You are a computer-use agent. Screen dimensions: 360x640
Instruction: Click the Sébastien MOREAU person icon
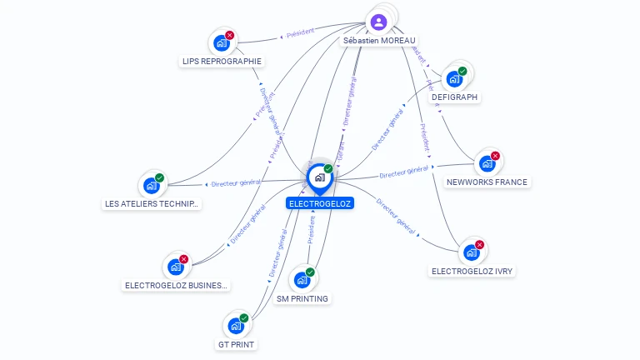click(379, 21)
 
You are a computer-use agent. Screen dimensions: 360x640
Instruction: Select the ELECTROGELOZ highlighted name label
click(319, 203)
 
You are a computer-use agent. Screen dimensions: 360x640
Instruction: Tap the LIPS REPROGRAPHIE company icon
click(221, 42)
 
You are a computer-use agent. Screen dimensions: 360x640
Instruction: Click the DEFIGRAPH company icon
click(454, 79)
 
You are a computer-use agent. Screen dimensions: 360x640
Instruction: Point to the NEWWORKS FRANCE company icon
click(487, 163)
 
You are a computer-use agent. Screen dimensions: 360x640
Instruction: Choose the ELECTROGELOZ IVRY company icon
click(472, 252)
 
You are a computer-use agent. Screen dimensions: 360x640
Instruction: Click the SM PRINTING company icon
click(302, 280)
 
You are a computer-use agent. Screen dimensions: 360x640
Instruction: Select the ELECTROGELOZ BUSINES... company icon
click(175, 267)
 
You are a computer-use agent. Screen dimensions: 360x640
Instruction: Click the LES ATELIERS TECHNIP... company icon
click(151, 185)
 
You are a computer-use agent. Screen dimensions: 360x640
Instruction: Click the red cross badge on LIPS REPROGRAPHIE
click(230, 35)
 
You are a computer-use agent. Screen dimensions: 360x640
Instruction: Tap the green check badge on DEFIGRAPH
click(462, 72)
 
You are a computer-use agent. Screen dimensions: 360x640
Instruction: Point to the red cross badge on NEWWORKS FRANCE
click(495, 156)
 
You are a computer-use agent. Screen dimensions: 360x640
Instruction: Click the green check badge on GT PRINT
click(244, 318)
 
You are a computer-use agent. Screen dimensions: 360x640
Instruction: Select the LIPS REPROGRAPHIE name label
click(222, 61)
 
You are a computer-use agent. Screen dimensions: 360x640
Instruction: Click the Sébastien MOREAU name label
click(379, 40)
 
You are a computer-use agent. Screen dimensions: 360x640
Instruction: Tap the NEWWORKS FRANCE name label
click(487, 182)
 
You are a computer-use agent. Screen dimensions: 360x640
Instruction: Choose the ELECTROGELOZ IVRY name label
click(472, 271)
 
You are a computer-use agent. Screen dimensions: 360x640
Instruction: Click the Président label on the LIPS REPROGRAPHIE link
click(300, 34)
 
